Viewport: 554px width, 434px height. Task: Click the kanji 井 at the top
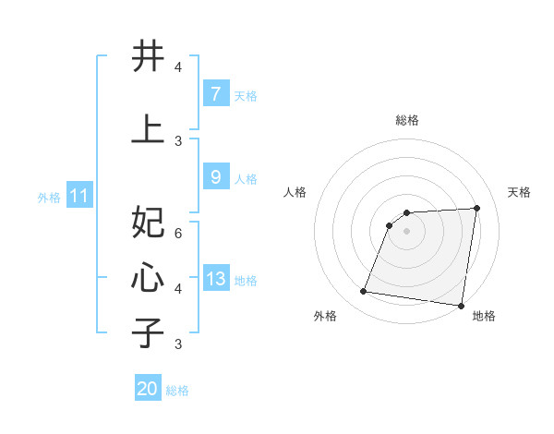pos(149,56)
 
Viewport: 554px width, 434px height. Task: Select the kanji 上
pos(149,128)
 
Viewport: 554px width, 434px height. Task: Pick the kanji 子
pos(149,332)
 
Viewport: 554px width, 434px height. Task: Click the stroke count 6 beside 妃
pos(178,234)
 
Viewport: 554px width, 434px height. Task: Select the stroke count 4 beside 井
pos(178,67)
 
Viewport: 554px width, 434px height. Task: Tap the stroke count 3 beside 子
pos(178,344)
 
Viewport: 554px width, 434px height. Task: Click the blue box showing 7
pos(215,94)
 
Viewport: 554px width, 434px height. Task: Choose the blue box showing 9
pos(215,177)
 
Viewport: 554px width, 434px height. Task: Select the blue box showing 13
pos(215,279)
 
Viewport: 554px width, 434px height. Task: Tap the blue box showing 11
pos(78,196)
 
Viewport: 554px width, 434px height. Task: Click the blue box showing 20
pos(148,389)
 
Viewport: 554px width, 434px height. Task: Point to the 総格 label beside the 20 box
pos(177,391)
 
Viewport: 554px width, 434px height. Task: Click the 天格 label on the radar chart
pos(519,192)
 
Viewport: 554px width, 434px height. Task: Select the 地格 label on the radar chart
pos(484,317)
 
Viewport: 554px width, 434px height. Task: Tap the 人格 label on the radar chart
pos(295,192)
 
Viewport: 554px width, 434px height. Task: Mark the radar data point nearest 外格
pos(364,292)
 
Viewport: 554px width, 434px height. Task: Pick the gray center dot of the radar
pos(406,231)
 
